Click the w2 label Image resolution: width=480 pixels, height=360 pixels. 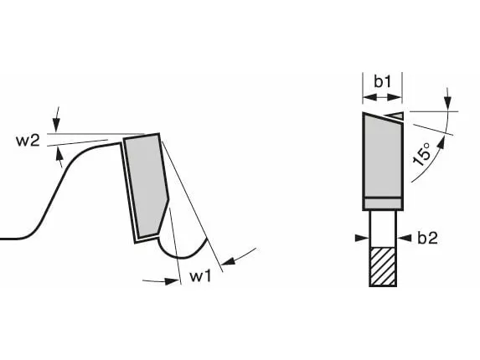(28, 141)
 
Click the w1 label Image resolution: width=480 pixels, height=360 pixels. (200, 276)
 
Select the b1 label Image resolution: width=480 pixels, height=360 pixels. (383, 81)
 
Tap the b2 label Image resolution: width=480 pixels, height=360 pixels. (428, 238)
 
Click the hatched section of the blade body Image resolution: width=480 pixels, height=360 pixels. (383, 266)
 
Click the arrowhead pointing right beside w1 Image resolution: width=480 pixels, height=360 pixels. (172, 280)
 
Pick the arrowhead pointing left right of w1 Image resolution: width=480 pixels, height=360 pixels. (228, 261)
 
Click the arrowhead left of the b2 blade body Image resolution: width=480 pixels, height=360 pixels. (362, 238)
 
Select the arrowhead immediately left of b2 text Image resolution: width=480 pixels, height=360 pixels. (404, 238)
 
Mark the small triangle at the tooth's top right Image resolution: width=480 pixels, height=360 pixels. (398, 115)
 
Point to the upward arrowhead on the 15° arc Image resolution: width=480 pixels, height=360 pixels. (441, 142)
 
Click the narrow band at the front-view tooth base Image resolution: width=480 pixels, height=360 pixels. (383, 203)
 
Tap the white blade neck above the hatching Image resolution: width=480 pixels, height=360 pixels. (383, 229)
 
